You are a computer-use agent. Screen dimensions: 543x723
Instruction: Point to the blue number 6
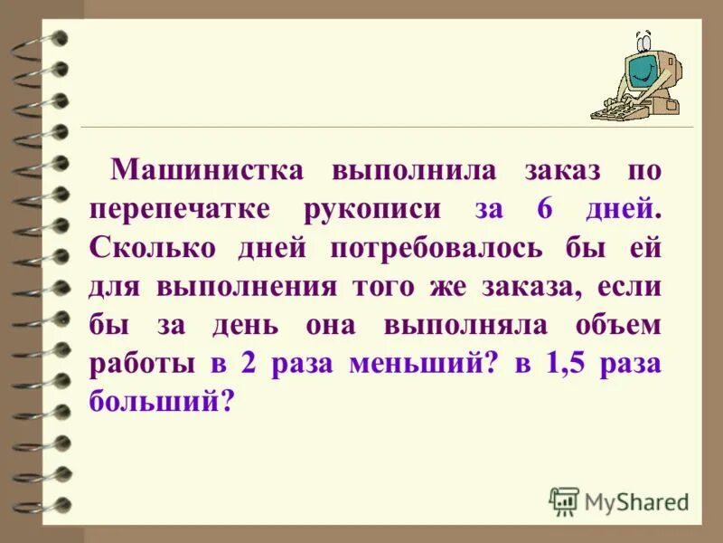544,209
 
